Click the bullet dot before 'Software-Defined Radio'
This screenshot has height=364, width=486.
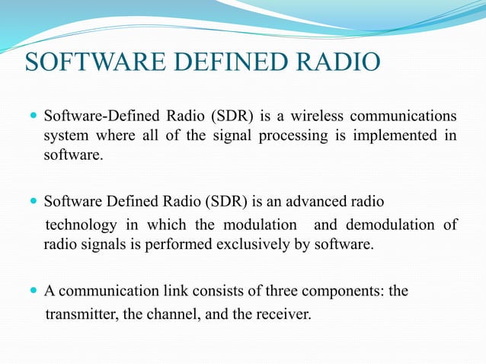click(32, 117)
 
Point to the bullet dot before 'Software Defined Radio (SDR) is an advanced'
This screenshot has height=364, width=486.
click(32, 203)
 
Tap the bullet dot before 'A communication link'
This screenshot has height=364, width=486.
click(32, 290)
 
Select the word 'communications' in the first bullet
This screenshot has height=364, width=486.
click(403, 117)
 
